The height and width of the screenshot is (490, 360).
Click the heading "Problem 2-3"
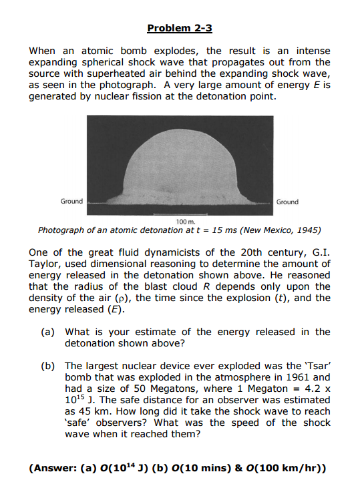tap(180, 28)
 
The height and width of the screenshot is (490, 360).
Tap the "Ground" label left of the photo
tap(71, 201)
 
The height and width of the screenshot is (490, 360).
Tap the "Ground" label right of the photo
tap(288, 202)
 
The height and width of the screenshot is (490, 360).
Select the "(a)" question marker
tap(51, 332)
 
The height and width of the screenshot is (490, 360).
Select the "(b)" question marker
tap(51, 366)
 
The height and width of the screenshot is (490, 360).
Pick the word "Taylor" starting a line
tap(46, 264)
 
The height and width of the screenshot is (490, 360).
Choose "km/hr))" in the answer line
tap(304, 468)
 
